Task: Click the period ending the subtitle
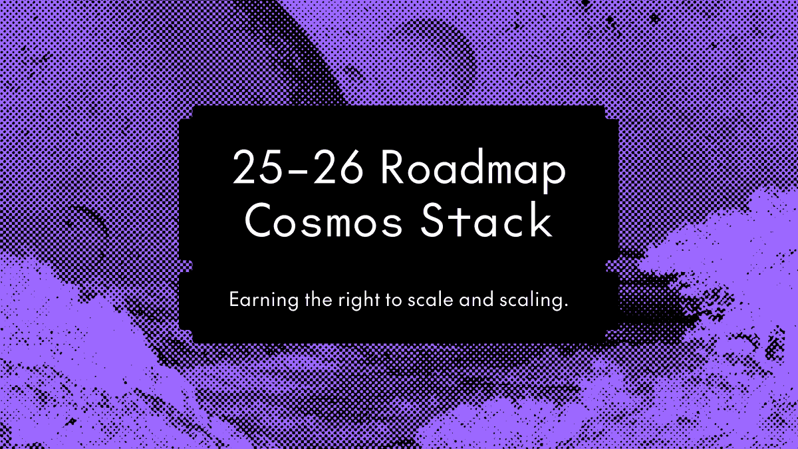coord(567,305)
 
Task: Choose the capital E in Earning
coord(233,299)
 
